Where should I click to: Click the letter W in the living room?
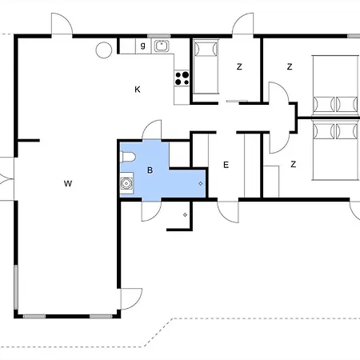point(68,183)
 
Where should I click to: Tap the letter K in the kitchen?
point(138,90)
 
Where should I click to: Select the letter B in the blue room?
point(150,170)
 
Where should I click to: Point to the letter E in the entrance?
point(226,165)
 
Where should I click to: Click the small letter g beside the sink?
point(143,46)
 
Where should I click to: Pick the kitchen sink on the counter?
point(162,46)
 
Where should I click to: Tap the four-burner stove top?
point(182,78)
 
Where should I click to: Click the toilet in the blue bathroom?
point(128,157)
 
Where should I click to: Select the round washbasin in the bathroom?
point(126,183)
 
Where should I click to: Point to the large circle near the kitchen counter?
point(104,50)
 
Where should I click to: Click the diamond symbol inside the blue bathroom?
point(201,183)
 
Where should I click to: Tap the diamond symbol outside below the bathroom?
point(185,214)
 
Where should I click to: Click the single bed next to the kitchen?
point(206,66)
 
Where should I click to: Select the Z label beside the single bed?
point(239,66)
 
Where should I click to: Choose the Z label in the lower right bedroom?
point(294,164)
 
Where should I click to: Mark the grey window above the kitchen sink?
point(159,36)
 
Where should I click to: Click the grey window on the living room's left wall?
point(16,287)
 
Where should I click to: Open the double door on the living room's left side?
point(6,178)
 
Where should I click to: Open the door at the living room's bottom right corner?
point(131,299)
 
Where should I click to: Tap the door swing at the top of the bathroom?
point(152,130)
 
